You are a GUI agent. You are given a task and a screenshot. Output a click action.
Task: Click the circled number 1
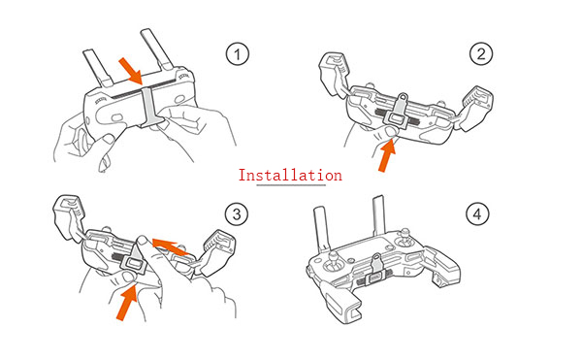coord(238,54)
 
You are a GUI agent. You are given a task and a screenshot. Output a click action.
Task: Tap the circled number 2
coord(481,53)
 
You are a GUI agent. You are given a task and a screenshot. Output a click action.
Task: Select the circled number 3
coord(237,213)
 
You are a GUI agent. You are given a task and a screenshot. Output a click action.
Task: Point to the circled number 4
coord(477,213)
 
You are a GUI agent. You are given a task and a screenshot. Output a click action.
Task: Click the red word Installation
coord(290,175)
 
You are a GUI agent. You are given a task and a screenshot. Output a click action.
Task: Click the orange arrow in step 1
coord(131,71)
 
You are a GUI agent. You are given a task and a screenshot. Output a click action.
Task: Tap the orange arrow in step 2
coord(387,155)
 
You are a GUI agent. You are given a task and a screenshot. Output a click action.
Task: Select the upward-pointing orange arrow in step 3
coord(127,303)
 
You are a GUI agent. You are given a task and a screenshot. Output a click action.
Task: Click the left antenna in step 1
coord(97,68)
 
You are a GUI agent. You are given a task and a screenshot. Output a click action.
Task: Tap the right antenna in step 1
coord(156,49)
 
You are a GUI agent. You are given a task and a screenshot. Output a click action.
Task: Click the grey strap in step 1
coord(150,107)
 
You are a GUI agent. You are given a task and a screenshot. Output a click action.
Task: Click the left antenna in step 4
coord(322,230)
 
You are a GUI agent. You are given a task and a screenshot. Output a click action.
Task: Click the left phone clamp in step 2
coord(334,74)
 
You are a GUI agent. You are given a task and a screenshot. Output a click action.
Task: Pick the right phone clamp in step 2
coord(476,109)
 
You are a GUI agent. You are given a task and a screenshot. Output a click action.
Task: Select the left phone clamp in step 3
coord(69,218)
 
